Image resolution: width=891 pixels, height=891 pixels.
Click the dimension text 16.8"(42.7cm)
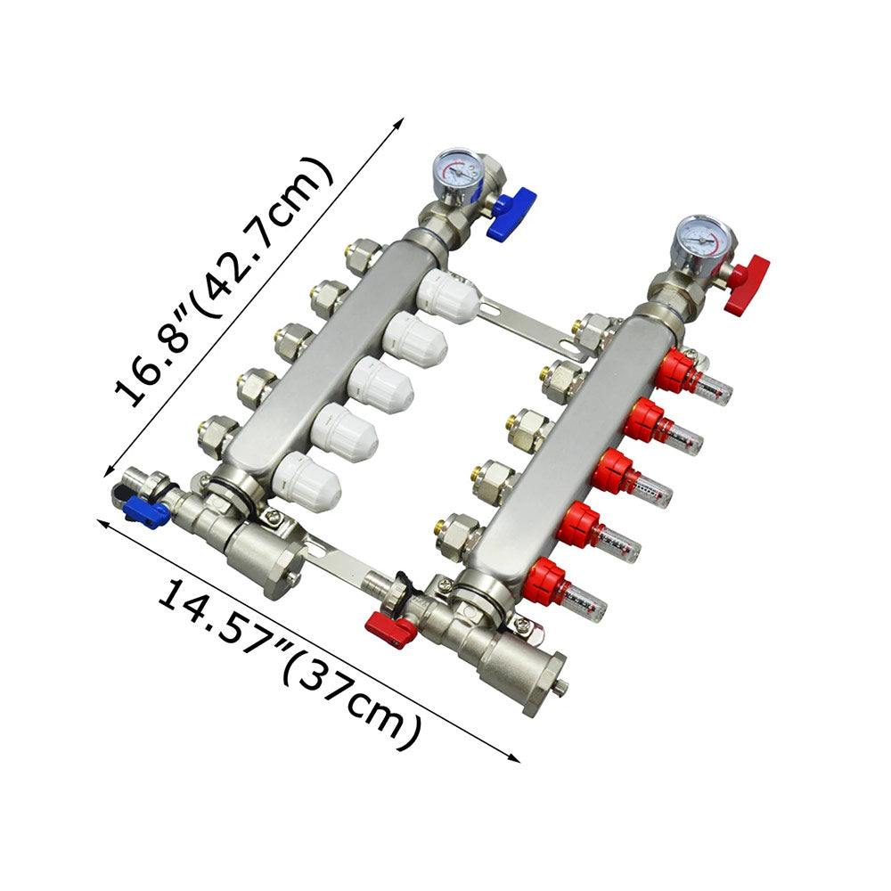[223, 282]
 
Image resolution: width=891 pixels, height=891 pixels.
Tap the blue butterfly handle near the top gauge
[511, 211]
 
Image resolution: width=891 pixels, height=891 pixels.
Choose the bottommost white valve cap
[306, 481]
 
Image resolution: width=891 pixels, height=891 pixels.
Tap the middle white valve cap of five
[380, 385]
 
